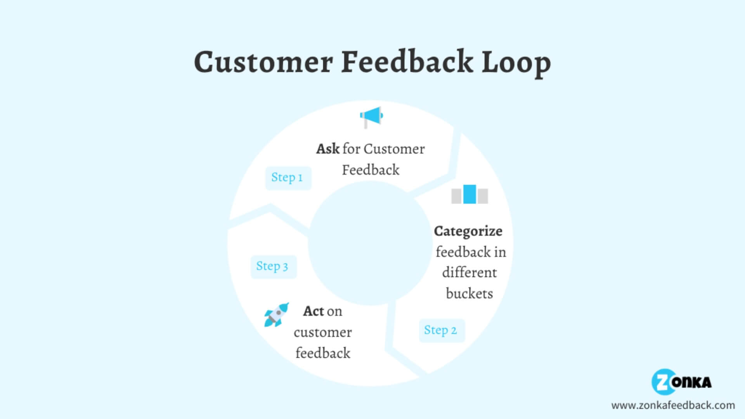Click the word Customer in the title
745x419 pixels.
263,62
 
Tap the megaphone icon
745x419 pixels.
371,116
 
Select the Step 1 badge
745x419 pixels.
288,178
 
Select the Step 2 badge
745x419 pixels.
441,330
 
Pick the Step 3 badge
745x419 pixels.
273,267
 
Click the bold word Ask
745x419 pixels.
327,149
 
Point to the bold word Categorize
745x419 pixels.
468,231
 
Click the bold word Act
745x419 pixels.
313,311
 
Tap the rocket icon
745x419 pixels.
276,315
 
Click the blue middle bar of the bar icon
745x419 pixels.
470,194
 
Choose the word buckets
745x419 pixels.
469,294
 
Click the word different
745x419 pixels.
469,273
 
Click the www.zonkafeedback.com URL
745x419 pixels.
673,405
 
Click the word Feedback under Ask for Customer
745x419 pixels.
370,170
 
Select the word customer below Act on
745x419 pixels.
322,332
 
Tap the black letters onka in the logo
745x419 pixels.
693,383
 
